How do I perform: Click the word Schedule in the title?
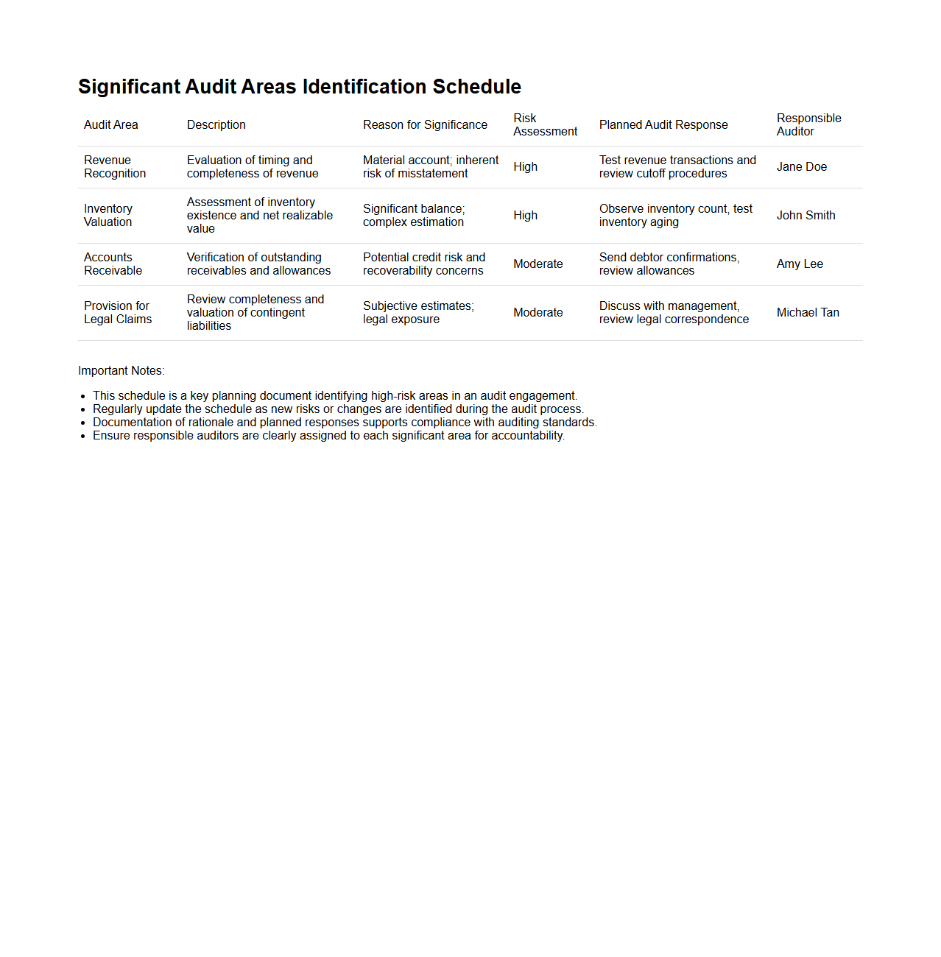point(476,87)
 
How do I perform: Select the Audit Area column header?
point(111,125)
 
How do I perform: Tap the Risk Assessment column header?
point(545,125)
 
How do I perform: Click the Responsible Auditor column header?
point(808,125)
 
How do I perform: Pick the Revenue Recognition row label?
point(115,167)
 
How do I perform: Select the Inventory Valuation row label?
point(108,216)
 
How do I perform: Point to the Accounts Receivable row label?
point(113,264)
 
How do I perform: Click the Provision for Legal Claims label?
point(118,313)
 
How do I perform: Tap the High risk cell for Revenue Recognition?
point(526,167)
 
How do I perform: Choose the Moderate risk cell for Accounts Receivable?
point(538,264)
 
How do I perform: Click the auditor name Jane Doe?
point(802,167)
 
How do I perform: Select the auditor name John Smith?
point(806,216)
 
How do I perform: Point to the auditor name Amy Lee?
point(800,264)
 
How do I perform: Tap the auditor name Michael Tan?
point(808,313)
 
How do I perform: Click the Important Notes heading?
point(121,371)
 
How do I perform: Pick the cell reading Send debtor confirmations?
point(669,264)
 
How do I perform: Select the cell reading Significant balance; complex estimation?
point(414,216)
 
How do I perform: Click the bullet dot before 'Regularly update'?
point(83,410)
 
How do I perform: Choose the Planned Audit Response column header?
point(663,125)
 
